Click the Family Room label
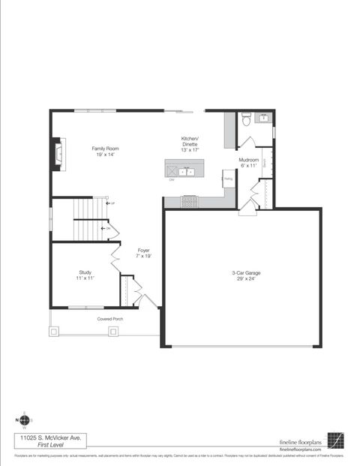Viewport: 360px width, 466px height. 105,149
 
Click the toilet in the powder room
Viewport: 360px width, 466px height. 246,119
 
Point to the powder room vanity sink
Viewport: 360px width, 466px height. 264,118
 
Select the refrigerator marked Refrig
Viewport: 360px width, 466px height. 229,179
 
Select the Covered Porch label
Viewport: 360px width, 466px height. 110,319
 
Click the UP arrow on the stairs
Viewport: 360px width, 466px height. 111,203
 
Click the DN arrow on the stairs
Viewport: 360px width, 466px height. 105,228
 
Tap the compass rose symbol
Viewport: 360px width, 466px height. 24,420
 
